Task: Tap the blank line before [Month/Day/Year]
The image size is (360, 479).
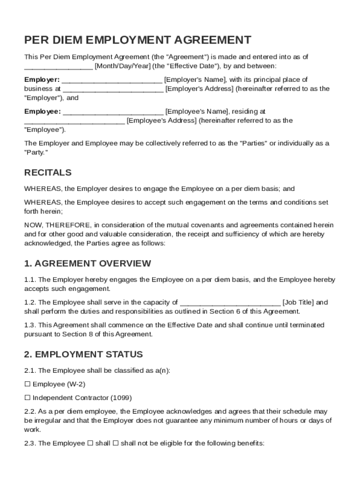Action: [x=58, y=66]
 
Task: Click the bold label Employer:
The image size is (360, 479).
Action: [x=42, y=80]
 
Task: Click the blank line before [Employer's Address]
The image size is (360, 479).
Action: [x=113, y=89]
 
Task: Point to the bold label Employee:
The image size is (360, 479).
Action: [x=43, y=111]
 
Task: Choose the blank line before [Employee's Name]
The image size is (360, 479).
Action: [x=113, y=112]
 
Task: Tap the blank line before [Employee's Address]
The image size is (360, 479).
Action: [x=74, y=121]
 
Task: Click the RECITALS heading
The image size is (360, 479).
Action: [x=48, y=173]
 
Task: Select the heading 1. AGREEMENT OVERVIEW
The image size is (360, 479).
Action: [x=87, y=263]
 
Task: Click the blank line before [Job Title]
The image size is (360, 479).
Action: [x=230, y=303]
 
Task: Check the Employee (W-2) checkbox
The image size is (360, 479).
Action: [x=28, y=384]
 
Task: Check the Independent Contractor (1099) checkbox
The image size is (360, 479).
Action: [x=28, y=398]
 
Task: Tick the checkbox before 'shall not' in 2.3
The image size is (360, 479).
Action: [x=116, y=443]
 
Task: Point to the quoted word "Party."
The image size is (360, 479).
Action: [x=36, y=152]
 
